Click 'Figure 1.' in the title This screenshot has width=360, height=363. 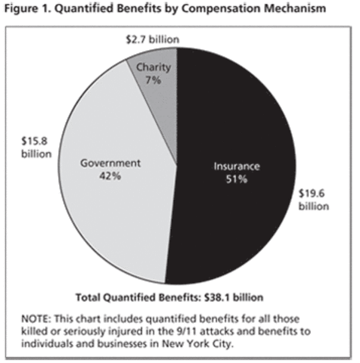pyautogui.click(x=29, y=10)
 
